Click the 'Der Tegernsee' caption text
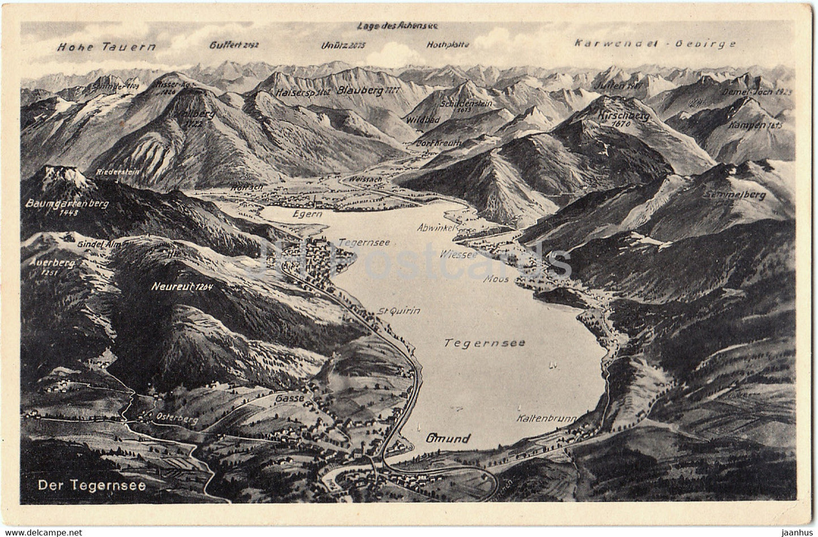(91, 484)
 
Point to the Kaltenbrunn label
(546, 419)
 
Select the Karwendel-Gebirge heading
(654, 43)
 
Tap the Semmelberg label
(734, 195)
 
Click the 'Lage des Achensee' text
(399, 25)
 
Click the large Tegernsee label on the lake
(485, 342)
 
